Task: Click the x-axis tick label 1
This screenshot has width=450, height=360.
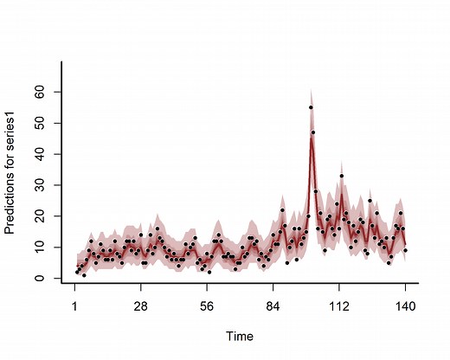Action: [75, 305]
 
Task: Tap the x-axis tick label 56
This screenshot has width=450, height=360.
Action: [207, 305]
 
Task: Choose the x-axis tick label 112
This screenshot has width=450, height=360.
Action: [339, 305]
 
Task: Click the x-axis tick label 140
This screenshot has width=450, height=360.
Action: [405, 305]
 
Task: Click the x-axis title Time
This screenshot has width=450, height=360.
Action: [240, 336]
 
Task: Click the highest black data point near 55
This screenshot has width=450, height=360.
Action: [311, 107]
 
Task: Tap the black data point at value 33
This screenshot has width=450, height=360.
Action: [342, 176]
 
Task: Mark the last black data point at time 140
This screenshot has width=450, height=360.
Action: [405, 250]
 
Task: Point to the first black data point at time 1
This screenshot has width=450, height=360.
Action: [76, 273]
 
